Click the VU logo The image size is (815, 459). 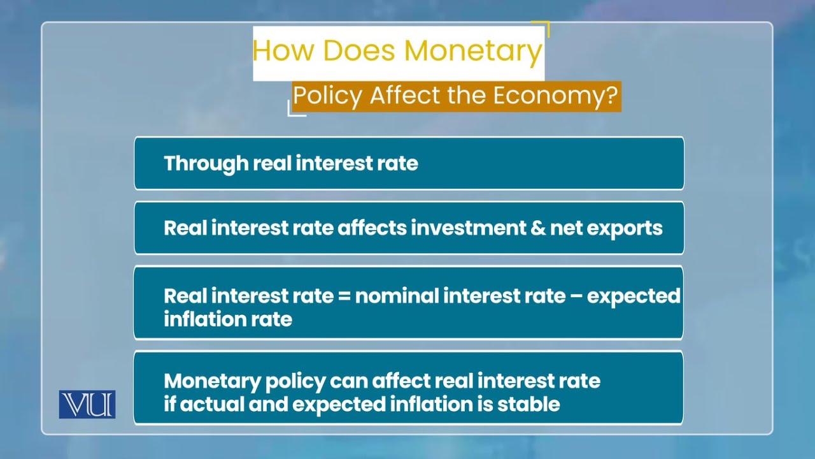(x=87, y=404)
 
